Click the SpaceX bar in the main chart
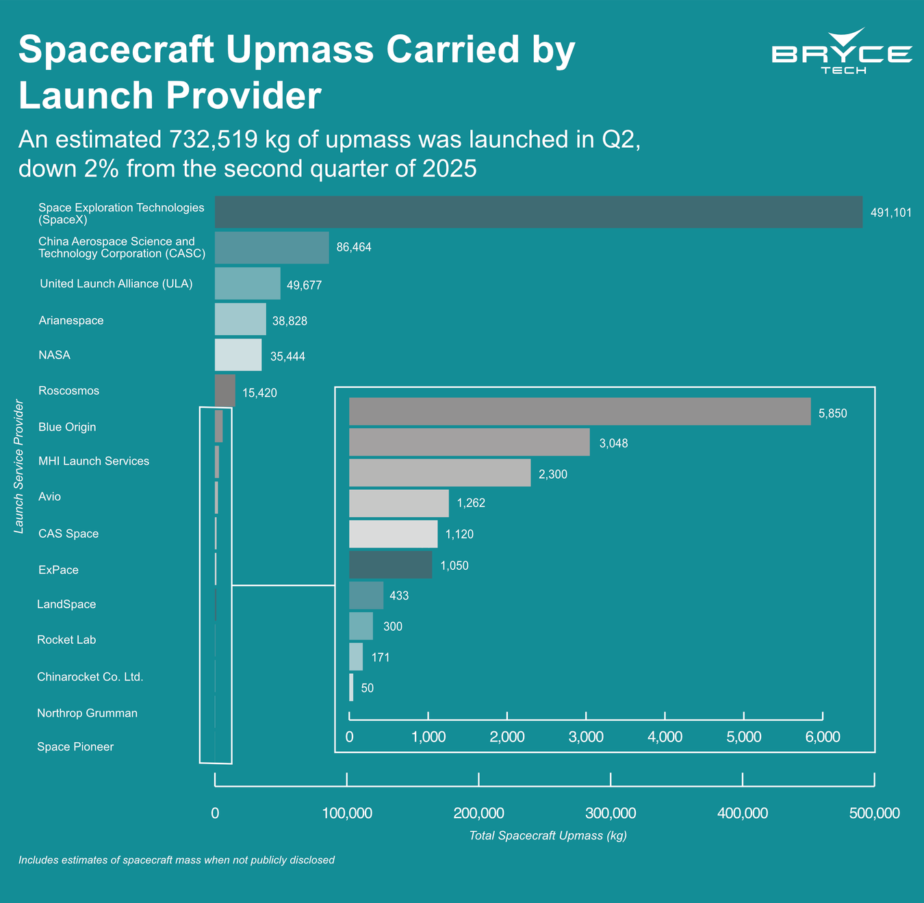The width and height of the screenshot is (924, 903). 539,212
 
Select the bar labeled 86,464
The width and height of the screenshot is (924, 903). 272,248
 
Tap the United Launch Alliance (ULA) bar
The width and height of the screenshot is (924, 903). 247,283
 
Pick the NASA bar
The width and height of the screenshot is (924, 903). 238,354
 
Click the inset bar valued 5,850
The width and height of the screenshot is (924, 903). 580,411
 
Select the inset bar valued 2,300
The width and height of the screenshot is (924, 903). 439,473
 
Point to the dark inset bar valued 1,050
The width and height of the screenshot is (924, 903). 390,564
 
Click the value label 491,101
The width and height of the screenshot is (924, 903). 890,213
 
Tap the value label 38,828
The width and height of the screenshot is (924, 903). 290,321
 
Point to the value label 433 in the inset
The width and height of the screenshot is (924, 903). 399,596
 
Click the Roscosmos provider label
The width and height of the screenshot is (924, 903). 69,391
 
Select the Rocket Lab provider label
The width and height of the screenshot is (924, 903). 66,640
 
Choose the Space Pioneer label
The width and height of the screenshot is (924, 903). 75,746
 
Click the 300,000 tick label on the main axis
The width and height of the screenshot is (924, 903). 611,813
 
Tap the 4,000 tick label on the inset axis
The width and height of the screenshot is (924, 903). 665,737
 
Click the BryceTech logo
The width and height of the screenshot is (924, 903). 842,51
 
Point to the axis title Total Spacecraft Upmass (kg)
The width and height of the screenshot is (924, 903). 548,835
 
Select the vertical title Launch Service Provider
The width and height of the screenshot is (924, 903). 18,467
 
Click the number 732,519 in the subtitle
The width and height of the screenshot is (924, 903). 214,140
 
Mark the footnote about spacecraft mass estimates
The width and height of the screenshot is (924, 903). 177,860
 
